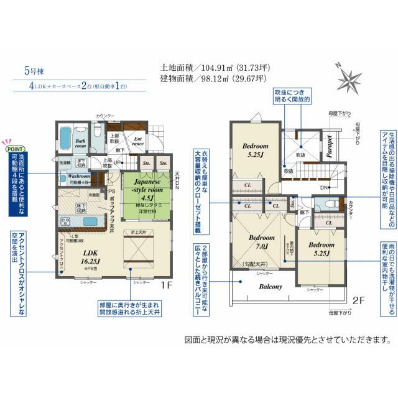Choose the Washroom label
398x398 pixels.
[x=73, y=177]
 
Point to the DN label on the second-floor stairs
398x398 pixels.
[x=306, y=188]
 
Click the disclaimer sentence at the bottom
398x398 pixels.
[x=287, y=340]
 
